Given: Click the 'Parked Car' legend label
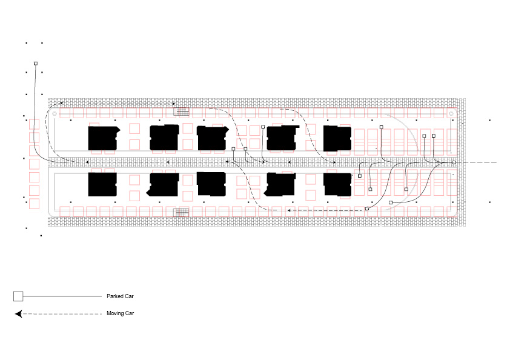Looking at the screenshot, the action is (x=120, y=296).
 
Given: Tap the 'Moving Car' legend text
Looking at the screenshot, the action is (x=121, y=313).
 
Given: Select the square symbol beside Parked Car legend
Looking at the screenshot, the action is (x=18, y=296).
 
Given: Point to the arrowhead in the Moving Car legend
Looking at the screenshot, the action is (x=19, y=314).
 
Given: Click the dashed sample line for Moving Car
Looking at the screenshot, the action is (x=62, y=314).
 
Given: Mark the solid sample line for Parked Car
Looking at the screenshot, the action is (x=62, y=296).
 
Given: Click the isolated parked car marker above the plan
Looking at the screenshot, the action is (x=36, y=64).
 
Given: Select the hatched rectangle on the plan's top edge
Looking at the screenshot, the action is (x=181, y=112).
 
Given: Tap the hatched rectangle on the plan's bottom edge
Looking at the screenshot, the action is (x=181, y=213).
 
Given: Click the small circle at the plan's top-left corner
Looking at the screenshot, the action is (x=55, y=113).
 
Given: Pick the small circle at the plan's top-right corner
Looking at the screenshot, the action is (x=451, y=113).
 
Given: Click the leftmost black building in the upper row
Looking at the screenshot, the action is (x=103, y=138).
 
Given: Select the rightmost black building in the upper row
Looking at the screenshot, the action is (x=337, y=138).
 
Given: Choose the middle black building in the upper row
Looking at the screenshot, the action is (x=212, y=138).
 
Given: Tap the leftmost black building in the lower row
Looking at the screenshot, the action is (x=102, y=185).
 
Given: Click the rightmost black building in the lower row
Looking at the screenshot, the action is (x=337, y=185).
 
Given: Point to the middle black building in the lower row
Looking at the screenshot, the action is (x=211, y=184).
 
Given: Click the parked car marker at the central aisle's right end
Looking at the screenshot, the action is (x=454, y=162).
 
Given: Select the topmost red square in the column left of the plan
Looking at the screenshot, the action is (x=34, y=124).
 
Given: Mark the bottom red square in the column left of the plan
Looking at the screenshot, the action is (x=34, y=204).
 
